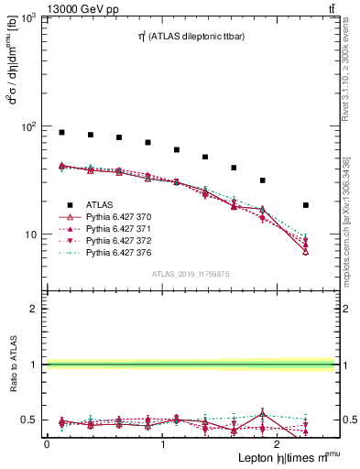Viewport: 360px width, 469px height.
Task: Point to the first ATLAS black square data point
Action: [x=61, y=133]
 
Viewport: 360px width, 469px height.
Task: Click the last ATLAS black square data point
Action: [x=305, y=205]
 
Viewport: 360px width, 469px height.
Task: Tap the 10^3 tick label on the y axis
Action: [x=28, y=19]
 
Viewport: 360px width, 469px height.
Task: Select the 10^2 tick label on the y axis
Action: [x=28, y=126]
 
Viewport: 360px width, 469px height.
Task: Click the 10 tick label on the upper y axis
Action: [x=32, y=234]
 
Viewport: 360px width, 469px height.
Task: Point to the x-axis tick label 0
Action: [x=47, y=443]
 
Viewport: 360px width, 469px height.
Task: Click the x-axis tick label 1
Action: [x=163, y=443]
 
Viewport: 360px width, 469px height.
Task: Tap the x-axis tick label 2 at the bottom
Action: [x=279, y=443]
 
